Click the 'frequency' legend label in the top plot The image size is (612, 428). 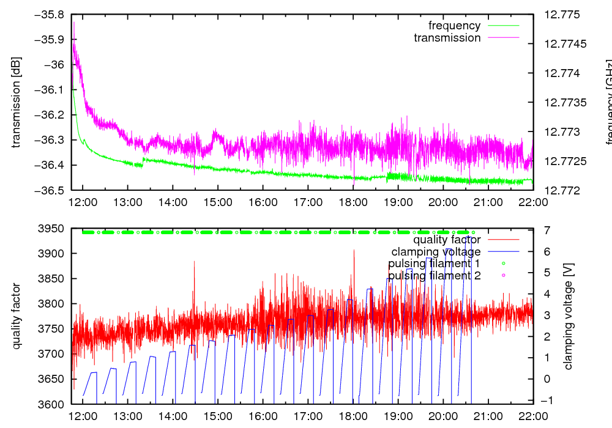(x=454, y=26)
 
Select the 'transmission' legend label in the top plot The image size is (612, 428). (x=447, y=38)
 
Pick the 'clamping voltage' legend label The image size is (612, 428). (x=436, y=252)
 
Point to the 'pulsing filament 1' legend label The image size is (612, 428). (x=434, y=264)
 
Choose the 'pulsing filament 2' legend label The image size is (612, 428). (x=434, y=276)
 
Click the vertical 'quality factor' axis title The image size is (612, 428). (x=16, y=316)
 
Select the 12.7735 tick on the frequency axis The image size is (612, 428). (x=560, y=102)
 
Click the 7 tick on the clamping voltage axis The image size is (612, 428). (x=545, y=229)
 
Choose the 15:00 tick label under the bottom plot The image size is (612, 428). (x=218, y=416)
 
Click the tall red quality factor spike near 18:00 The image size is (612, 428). (x=354, y=251)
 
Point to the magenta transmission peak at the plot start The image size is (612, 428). (x=74, y=23)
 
